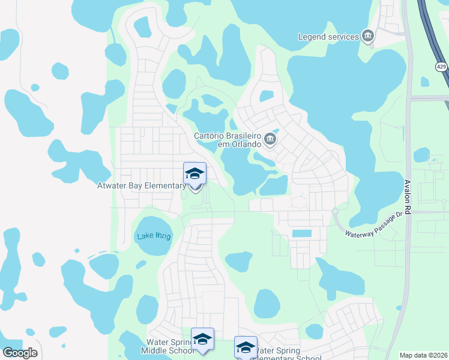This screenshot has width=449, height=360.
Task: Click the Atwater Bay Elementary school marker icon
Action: tap(194, 174)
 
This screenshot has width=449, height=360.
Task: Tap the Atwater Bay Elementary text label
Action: tap(142, 186)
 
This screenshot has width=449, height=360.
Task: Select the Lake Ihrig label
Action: tap(153, 236)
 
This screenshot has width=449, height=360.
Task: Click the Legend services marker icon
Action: tap(368, 37)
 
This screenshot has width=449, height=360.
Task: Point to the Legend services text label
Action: tap(328, 37)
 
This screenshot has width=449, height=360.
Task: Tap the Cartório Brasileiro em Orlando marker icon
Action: tap(270, 140)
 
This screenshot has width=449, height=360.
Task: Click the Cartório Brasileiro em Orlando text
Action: tap(228, 140)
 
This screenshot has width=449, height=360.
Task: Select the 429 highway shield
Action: tap(442, 67)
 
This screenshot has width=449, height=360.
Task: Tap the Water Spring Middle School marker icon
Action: tap(202, 340)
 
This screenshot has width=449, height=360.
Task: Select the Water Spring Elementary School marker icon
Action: tap(246, 348)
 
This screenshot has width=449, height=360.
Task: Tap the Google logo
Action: tap(20, 353)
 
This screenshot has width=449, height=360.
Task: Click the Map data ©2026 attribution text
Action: tap(423, 355)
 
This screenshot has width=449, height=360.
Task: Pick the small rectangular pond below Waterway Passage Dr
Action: tap(301, 233)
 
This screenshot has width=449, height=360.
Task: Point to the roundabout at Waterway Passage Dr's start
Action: tap(335, 211)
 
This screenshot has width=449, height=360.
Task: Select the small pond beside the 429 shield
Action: tap(425, 82)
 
